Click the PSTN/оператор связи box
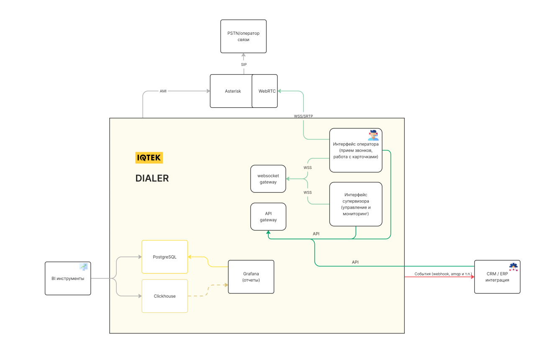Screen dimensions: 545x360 [243, 36]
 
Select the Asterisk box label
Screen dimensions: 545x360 [233, 91]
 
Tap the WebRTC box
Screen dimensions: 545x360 [265, 91]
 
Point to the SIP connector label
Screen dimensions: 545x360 [244, 65]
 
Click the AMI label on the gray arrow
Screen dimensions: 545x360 [163, 91]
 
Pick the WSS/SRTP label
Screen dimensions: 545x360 [303, 116]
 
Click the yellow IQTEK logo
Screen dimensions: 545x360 [149, 158]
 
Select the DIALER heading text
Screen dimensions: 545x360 [152, 178]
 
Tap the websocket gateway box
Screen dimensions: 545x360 [268, 179]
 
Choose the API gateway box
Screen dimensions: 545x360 [268, 217]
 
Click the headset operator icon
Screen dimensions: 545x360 [373, 135]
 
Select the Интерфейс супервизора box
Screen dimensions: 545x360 [356, 204]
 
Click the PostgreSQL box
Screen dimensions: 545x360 [165, 257]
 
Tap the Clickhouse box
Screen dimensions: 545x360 [165, 296]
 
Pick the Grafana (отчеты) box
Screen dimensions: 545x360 [251, 277]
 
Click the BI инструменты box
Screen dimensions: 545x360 [68, 278]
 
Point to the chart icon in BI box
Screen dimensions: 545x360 [83, 267]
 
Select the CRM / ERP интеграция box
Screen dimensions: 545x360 [497, 277]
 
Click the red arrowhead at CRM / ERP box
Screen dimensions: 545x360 [473, 277]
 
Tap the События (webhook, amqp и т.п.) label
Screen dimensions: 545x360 [443, 274]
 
